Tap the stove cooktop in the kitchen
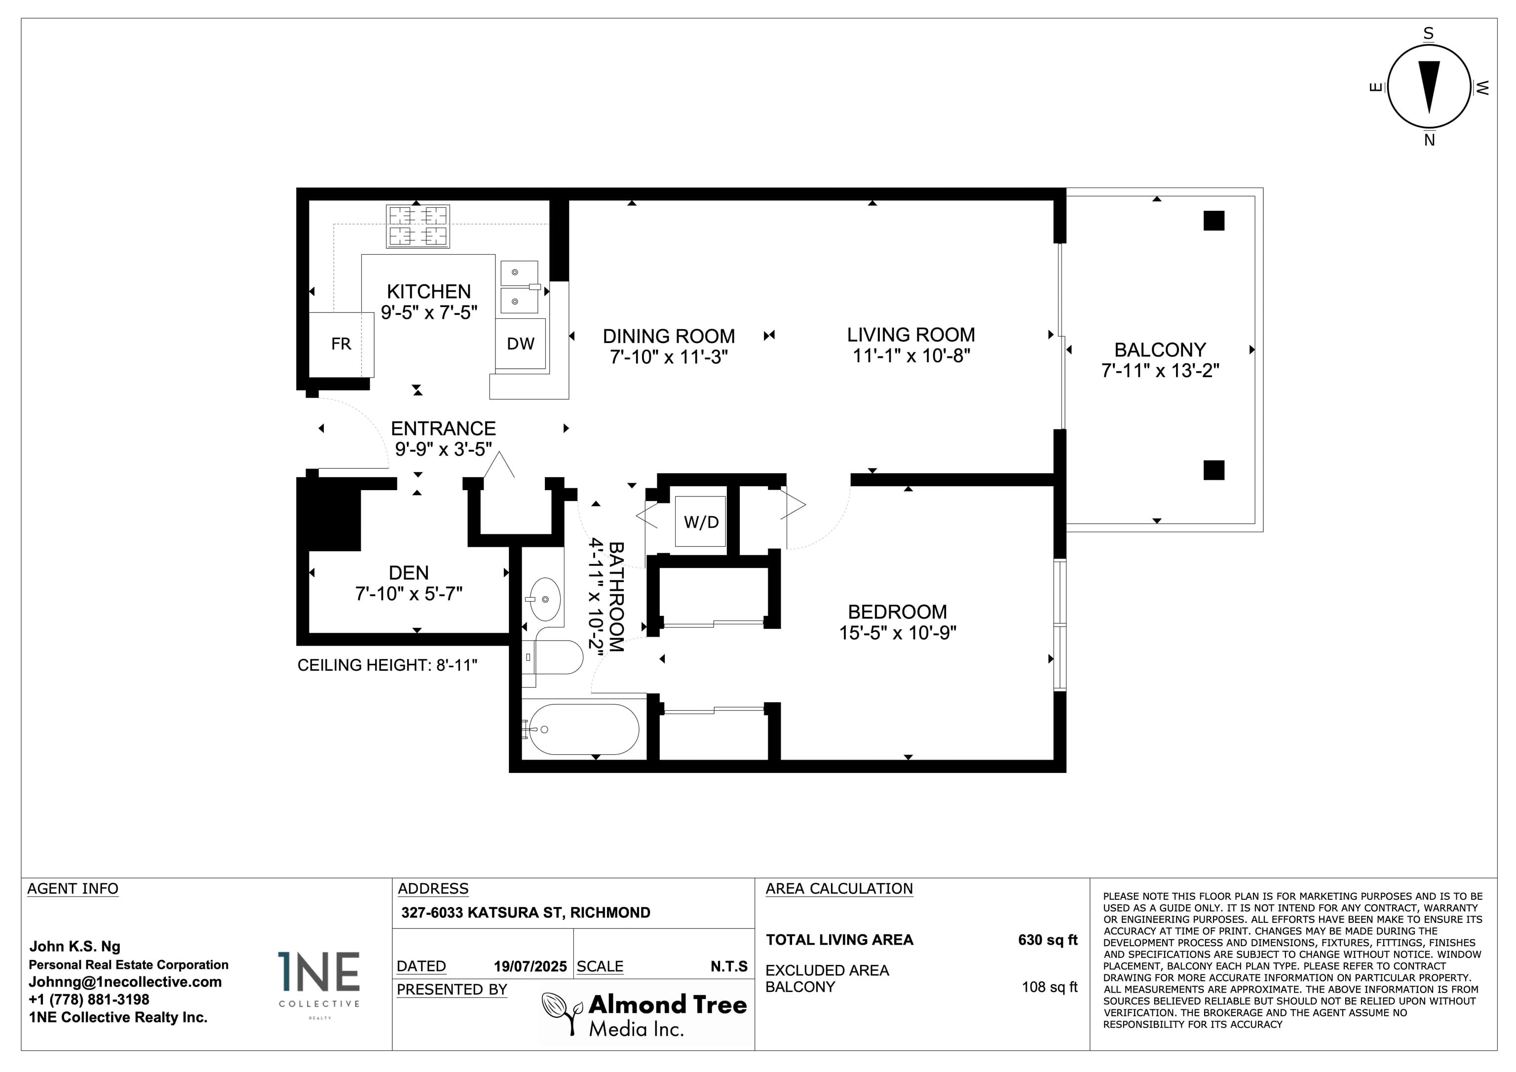coord(418,227)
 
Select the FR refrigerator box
coord(341,344)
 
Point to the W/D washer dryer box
coord(701,522)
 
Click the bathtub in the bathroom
coord(584,729)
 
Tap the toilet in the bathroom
coord(553,657)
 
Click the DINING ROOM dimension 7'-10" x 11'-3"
coord(669,357)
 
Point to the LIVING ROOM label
coord(911,335)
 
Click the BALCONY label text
coord(1160,349)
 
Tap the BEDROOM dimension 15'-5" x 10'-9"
coord(897,633)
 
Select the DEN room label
coord(409,573)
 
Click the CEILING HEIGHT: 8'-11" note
coord(387,665)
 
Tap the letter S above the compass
coord(1428,34)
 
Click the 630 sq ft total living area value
coord(1047,940)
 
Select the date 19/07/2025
coord(530,966)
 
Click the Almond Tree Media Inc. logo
coord(644,1015)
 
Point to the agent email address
coord(125,982)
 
